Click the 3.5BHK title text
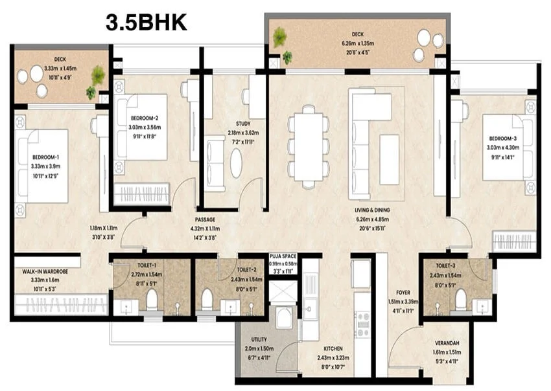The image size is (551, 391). pos(147,23)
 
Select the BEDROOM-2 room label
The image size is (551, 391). pos(145,118)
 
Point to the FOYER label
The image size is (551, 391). pos(403,293)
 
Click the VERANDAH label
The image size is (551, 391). pos(447,344)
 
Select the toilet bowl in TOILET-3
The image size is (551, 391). pos(461,300)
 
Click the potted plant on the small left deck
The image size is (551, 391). pos(98,76)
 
